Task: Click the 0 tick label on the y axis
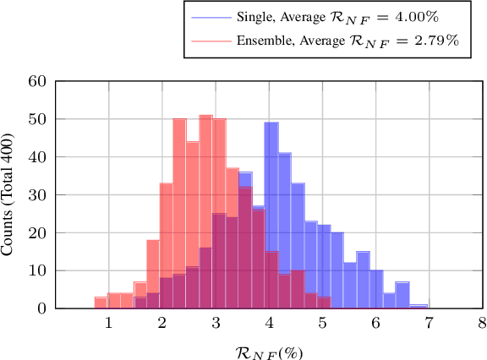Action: coord(40,309)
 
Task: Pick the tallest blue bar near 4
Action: coord(271,211)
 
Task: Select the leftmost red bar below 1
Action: coord(101,303)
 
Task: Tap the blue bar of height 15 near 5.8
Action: coord(363,281)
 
